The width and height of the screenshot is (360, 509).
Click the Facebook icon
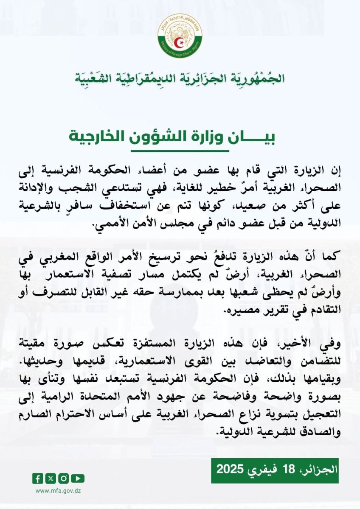tap(37, 478)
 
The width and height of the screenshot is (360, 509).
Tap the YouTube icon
tap(78, 478)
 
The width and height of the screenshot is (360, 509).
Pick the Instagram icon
tap(65, 478)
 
